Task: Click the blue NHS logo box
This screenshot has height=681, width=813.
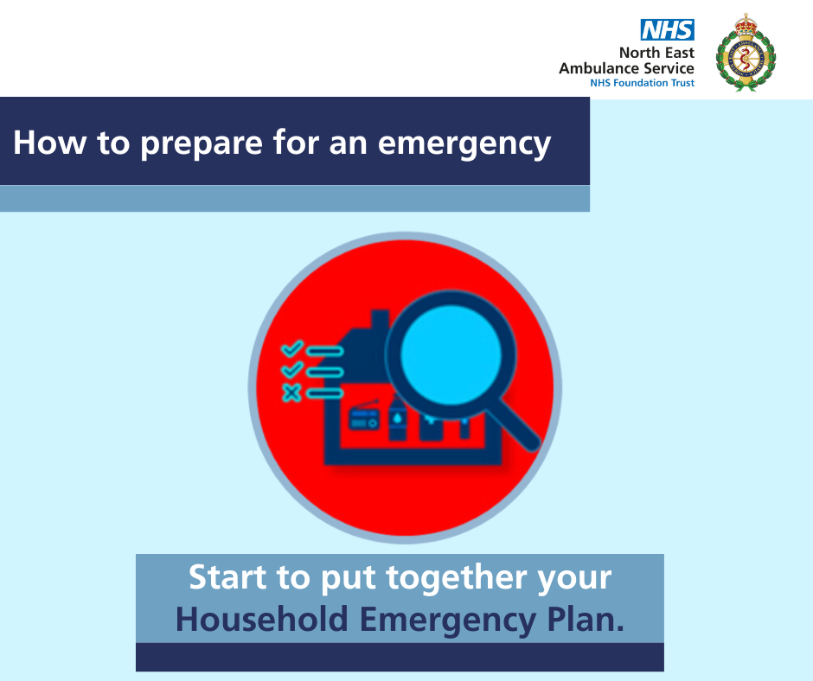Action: coord(668,29)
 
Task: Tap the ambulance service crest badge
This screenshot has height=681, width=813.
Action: coord(746,53)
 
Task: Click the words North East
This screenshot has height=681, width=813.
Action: coord(656,53)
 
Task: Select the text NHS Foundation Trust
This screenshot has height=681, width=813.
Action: coord(642,83)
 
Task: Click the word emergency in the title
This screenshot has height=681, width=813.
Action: coord(464,143)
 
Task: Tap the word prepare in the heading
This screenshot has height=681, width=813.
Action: coord(202,143)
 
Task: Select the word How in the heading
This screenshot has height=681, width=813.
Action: coord(50,143)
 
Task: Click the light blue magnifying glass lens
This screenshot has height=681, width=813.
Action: coord(451,354)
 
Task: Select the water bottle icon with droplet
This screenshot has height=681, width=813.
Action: coord(397,417)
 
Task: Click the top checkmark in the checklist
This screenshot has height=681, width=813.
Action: coord(292,349)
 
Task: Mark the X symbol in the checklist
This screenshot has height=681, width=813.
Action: coord(291,392)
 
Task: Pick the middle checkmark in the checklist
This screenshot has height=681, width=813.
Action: coord(292,370)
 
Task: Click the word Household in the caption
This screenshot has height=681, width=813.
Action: coord(262,620)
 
